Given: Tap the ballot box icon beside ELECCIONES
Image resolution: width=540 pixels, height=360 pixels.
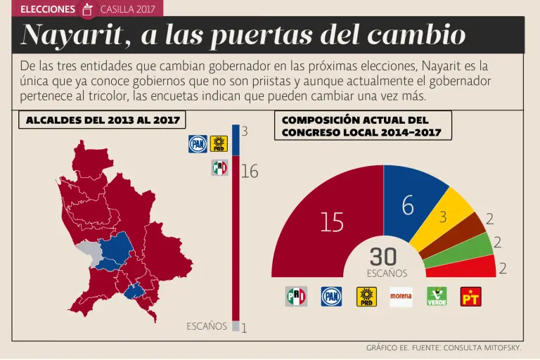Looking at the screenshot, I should click(x=87, y=9).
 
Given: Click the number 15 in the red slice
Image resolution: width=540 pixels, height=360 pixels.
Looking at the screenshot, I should click(x=332, y=223).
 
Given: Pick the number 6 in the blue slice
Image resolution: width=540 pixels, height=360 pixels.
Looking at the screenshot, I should click(x=408, y=205).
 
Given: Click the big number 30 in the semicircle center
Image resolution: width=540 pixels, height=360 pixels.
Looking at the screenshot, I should click(x=383, y=257).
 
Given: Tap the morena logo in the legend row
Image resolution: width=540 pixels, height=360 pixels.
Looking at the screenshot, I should click(x=401, y=297).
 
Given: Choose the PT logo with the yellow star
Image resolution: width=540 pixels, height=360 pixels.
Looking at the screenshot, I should click(x=471, y=297).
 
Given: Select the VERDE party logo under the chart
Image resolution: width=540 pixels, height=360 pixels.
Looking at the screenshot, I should click(x=437, y=297).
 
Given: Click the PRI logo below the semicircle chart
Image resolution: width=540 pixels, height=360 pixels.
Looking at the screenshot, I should click(x=296, y=297).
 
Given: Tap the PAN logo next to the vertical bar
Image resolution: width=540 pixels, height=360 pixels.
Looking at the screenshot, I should click(x=197, y=143).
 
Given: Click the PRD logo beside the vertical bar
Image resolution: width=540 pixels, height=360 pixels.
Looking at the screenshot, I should click(x=219, y=143).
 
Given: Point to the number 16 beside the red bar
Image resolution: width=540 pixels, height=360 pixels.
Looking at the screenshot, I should click(x=250, y=171).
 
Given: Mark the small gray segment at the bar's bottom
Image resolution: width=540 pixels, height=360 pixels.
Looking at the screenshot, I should click(x=236, y=326).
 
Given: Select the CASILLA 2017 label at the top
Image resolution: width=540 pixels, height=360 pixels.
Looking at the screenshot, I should click(x=128, y=9).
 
